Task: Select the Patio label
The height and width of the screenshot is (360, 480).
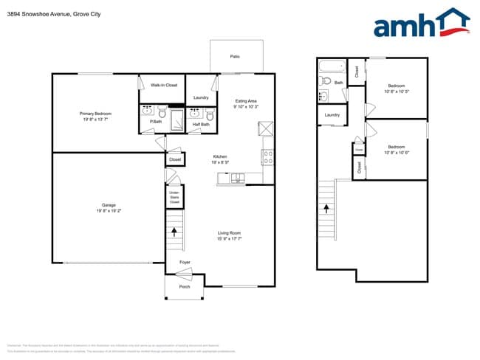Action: click(x=235, y=56)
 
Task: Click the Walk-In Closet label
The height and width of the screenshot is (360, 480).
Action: click(x=163, y=86)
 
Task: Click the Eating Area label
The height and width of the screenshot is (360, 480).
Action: click(x=245, y=100)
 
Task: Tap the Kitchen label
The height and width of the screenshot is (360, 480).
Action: click(x=220, y=156)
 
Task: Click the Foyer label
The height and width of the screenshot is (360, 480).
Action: click(x=185, y=262)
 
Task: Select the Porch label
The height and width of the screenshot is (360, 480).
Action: click(x=185, y=286)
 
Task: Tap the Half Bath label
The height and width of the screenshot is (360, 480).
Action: click(x=201, y=125)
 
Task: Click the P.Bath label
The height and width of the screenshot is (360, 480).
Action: click(x=156, y=122)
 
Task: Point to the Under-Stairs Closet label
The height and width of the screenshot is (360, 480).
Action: click(x=174, y=198)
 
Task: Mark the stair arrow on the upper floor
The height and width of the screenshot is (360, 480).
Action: click(x=325, y=208)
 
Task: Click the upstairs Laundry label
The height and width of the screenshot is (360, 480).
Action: click(x=332, y=114)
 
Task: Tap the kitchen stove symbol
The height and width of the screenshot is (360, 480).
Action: click(x=267, y=157)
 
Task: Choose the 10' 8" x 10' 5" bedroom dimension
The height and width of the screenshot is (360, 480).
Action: click(x=397, y=91)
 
